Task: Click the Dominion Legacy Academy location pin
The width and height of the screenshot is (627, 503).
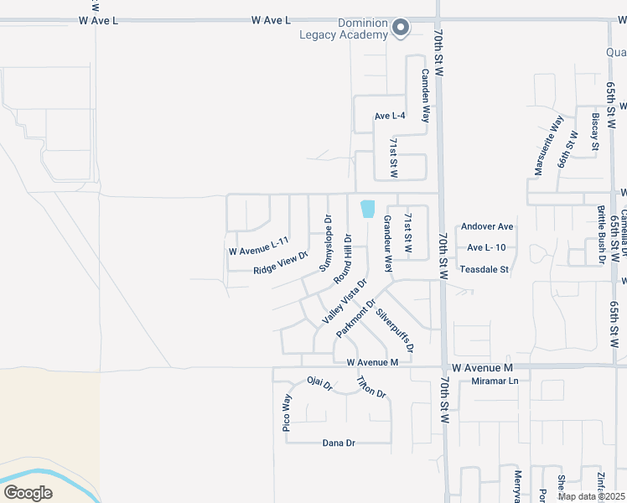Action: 401,27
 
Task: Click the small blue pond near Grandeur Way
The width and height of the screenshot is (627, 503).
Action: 367,209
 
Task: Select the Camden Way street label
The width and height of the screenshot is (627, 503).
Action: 426,95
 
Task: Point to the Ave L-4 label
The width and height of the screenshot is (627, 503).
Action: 390,116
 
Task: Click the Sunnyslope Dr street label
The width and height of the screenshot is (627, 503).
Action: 326,242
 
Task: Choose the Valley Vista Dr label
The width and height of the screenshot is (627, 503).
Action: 344,302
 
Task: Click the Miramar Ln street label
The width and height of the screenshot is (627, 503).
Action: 495,381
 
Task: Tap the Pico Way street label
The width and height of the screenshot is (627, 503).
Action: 287,412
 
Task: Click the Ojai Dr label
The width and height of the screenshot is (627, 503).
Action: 320,385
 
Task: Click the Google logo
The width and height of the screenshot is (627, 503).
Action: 28,492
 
